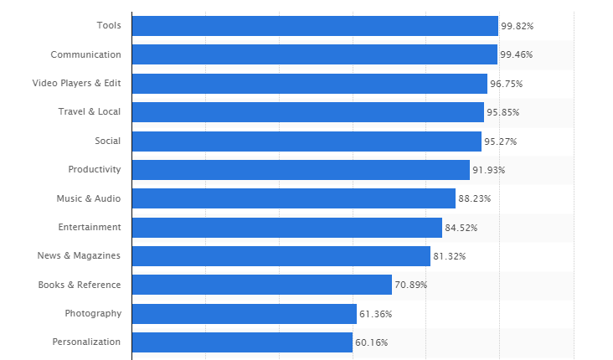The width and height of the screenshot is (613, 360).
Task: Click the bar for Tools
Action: [x=315, y=26]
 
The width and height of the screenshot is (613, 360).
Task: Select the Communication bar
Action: [x=314, y=54]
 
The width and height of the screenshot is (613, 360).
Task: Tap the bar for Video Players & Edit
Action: [x=309, y=84]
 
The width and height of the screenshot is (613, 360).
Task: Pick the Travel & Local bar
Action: [x=307, y=112]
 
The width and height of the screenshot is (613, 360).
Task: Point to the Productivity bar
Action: [x=301, y=170]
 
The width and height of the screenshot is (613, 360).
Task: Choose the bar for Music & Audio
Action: [x=293, y=198]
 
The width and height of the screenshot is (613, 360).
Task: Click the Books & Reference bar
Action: [x=261, y=285]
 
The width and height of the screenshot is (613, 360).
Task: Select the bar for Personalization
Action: [x=242, y=342]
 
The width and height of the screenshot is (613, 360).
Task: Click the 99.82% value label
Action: [x=518, y=26]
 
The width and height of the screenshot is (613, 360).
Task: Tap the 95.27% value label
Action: [x=501, y=141]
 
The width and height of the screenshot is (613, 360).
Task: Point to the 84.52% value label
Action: [x=461, y=228]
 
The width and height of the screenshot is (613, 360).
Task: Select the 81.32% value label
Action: [x=450, y=256]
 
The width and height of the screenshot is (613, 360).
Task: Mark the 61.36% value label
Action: [x=376, y=314]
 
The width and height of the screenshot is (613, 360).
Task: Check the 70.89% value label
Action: [x=411, y=285]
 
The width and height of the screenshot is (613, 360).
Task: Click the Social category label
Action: [x=108, y=141]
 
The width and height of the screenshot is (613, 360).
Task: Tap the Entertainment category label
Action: [x=90, y=227]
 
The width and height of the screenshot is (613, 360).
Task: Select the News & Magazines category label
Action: [x=80, y=255]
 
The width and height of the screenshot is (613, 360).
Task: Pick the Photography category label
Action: [x=93, y=313]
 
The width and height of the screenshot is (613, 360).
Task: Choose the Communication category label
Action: [x=85, y=54]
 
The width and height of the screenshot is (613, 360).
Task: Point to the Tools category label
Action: [x=109, y=26]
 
